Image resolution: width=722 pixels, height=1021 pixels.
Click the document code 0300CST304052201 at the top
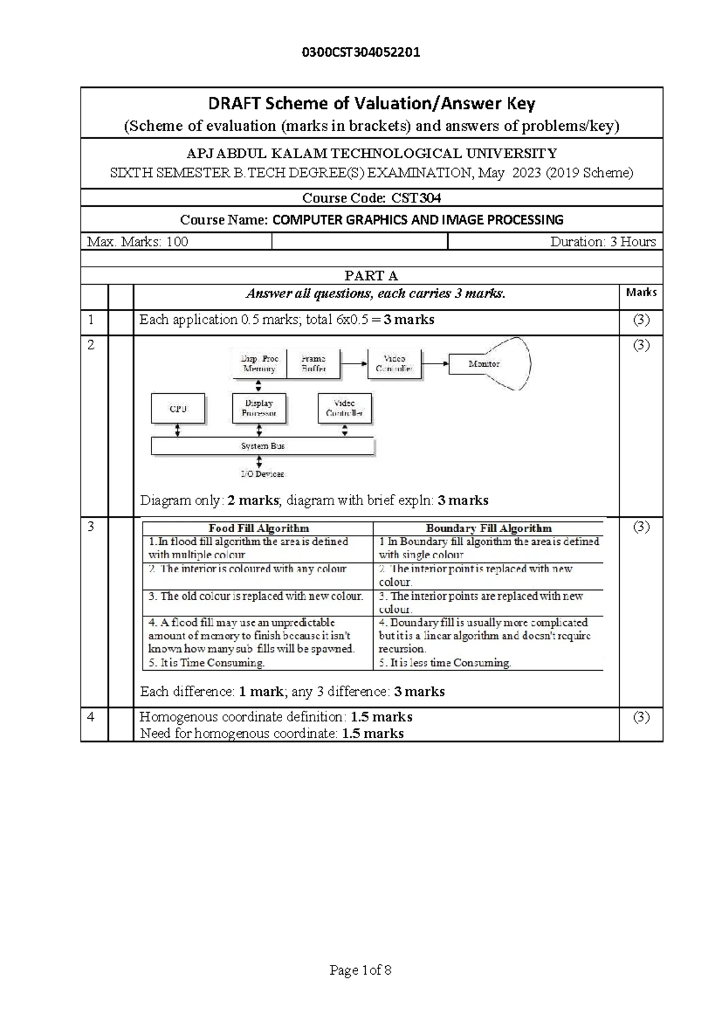pos(360,52)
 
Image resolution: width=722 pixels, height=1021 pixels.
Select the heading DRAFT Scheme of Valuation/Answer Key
pos(371,104)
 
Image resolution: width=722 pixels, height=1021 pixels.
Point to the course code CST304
pos(416,198)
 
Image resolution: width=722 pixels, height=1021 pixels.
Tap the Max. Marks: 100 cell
pos(138,242)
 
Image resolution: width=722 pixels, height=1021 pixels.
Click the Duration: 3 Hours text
pos(602,242)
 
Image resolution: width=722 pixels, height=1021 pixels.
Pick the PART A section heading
pos(371,276)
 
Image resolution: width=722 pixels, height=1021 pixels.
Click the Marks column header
pos(641,293)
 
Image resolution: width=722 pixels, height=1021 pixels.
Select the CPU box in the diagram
pos(178,409)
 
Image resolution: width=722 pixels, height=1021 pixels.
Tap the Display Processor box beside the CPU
pos(259,408)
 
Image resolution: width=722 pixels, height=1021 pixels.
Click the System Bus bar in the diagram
pos(263,446)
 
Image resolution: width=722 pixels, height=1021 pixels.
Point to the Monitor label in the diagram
pos(484,364)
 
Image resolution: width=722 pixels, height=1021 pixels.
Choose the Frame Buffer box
pos(313,364)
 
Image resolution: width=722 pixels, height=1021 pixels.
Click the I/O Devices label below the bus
pos(262,474)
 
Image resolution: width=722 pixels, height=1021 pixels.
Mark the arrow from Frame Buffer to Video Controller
pos(354,364)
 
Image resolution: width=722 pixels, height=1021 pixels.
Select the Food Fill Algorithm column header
pos(259,529)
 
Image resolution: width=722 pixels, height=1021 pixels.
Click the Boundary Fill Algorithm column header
pos(489,529)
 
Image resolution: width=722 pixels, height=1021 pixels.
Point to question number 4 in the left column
pos(91,717)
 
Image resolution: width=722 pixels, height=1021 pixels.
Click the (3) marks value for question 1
pos(641,320)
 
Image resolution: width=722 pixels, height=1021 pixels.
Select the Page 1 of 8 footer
pos(360,970)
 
